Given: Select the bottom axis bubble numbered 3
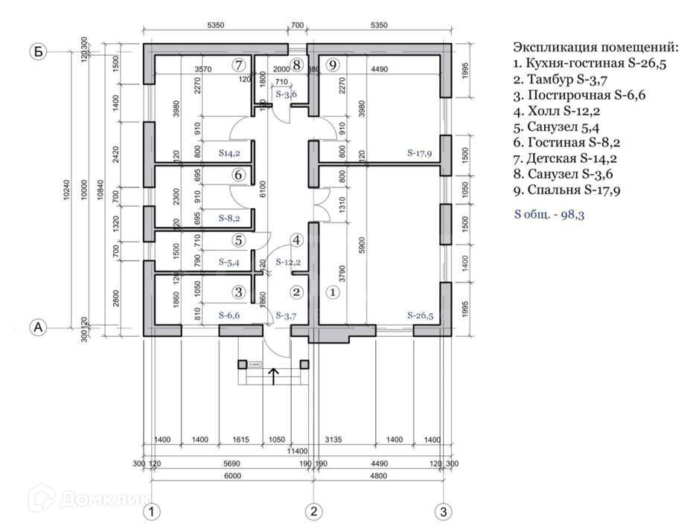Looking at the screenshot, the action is point(444,512).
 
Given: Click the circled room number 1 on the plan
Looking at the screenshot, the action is point(333,292).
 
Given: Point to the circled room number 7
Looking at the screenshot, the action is point(238,64).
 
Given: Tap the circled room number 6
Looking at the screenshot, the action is point(238,176).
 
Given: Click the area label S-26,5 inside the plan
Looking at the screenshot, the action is point(420,315).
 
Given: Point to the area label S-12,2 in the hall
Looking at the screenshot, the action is point(288,263).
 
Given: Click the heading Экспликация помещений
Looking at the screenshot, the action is point(595,47).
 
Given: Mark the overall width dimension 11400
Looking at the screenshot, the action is point(298,451).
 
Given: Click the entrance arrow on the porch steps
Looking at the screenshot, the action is point(273,376).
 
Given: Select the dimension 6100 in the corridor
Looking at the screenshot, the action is point(264,190).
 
